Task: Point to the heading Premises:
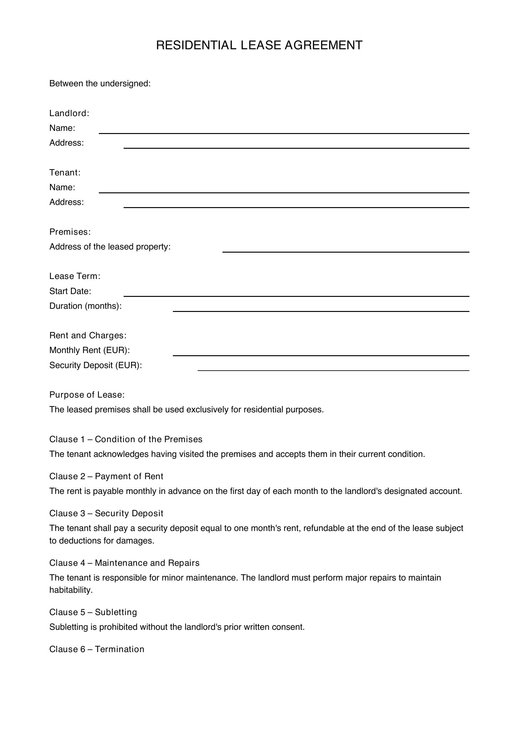(70, 232)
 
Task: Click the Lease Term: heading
(75, 276)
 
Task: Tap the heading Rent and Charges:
(88, 335)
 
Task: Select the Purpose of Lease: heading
(87, 395)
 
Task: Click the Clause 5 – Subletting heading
(93, 612)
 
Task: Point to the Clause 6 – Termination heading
(97, 649)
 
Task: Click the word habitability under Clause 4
(71, 590)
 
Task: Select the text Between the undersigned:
(100, 83)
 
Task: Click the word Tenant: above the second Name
(65, 173)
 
